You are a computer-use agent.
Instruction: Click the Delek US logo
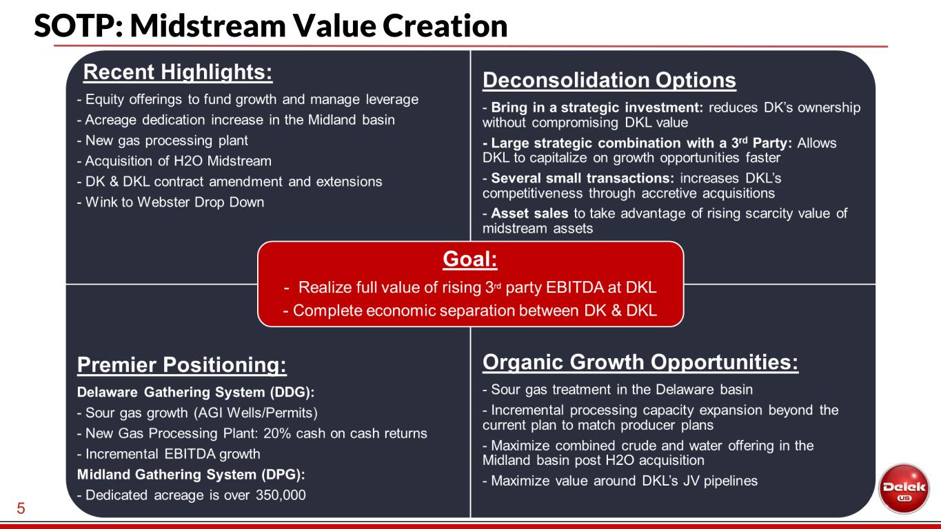904,488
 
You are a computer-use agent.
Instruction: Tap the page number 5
21,508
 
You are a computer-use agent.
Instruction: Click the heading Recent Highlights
178,72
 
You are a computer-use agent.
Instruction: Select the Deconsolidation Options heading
609,80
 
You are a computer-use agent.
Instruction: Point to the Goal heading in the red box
470,258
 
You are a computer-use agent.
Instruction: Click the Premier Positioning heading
182,364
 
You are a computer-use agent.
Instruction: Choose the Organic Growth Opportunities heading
640,362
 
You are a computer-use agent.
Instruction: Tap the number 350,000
281,495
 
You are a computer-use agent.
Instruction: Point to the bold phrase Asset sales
529,214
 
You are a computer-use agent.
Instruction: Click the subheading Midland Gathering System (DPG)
191,475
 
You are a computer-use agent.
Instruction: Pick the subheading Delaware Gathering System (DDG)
196,392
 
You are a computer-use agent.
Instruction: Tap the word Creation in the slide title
445,25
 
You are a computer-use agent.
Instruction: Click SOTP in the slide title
74,25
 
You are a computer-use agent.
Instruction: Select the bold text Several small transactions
583,178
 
